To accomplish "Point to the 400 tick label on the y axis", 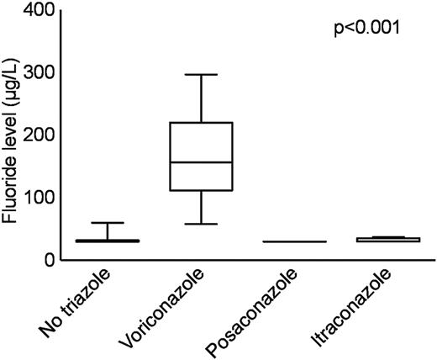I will pyautogui.click(x=40, y=11).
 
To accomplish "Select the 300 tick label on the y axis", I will pyautogui.click(x=40, y=73).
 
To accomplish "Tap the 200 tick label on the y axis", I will pyautogui.click(x=40, y=135).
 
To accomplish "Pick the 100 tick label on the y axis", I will pyautogui.click(x=40, y=198).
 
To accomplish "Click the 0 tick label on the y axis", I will pyautogui.click(x=50, y=260).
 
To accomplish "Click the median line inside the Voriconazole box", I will pyautogui.click(x=203, y=162).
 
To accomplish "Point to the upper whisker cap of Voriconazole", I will pyautogui.click(x=203, y=74).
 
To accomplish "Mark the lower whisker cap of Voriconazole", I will pyautogui.click(x=203, y=224).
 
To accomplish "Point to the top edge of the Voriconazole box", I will pyautogui.click(x=203, y=123).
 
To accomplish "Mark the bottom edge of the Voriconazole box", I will pyautogui.click(x=203, y=191).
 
